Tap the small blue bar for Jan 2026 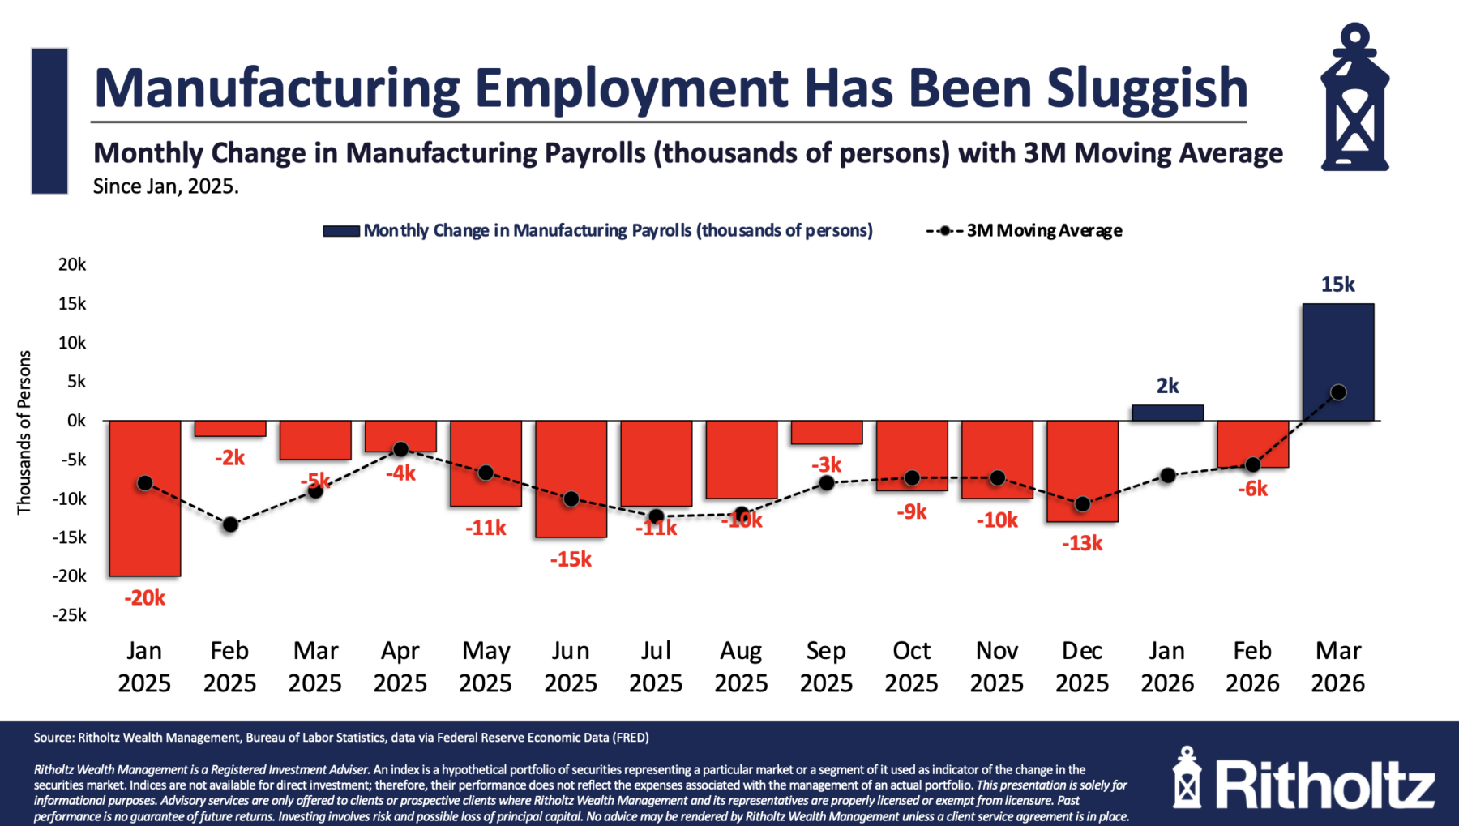1167,413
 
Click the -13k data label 1082,543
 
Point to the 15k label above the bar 1337,285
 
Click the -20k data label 144,598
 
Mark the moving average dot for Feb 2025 230,524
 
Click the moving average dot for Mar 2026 1338,392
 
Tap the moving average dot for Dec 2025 1082,504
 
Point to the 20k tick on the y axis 72,265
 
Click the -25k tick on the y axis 70,615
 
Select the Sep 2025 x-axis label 826,666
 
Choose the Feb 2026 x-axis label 1252,666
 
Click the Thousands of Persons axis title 24,432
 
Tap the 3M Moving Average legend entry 1043,231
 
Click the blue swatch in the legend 341,231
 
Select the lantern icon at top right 1354,97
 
